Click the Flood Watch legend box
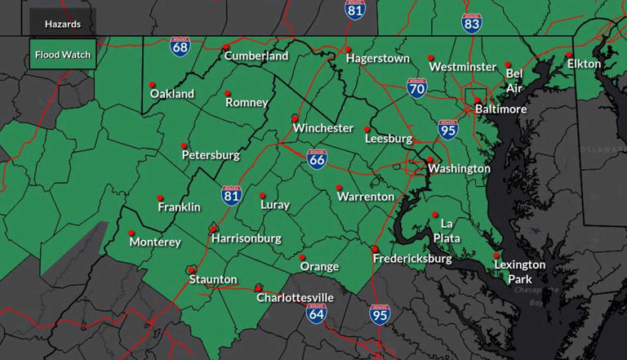(63, 56)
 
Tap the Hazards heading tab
(63, 24)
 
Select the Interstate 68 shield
(181, 46)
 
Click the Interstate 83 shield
(471, 22)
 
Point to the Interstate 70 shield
(417, 88)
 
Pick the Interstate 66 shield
(318, 158)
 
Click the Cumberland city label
(256, 56)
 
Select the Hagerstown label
(377, 59)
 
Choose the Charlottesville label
(295, 298)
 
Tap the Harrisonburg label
(246, 238)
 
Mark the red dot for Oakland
(152, 84)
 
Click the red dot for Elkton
(569, 55)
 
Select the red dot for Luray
(262, 196)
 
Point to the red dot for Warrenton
(339, 188)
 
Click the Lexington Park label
(519, 271)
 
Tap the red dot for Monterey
(131, 233)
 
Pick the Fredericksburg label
(412, 259)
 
